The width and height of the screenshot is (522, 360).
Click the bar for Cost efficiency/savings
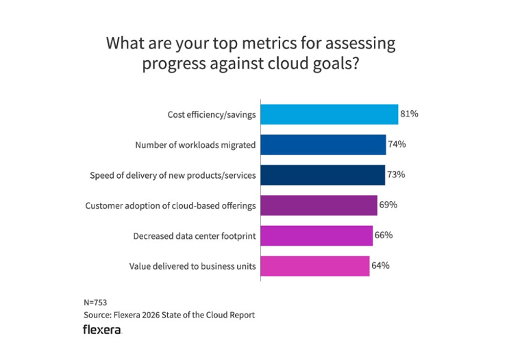click(x=329, y=114)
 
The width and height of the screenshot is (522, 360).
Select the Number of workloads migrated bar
click(x=323, y=144)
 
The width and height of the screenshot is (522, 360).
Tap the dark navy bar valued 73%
click(x=322, y=175)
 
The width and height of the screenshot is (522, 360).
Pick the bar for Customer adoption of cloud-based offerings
click(x=319, y=205)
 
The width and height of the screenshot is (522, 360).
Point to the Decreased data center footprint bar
click(x=316, y=235)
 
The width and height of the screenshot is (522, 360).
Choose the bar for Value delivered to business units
click(x=314, y=266)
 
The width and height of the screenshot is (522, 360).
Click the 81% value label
click(x=409, y=114)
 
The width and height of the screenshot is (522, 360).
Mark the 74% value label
click(x=397, y=144)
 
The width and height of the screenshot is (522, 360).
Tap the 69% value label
click(x=388, y=205)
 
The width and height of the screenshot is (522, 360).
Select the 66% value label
click(x=383, y=235)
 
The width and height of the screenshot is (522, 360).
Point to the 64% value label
click(x=380, y=266)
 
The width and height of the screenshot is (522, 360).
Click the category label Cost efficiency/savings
click(x=212, y=115)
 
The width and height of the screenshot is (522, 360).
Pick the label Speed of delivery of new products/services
click(x=173, y=175)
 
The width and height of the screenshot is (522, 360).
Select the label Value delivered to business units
click(x=192, y=266)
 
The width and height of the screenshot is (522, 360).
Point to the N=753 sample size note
click(x=95, y=302)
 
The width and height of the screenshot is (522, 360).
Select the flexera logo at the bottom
click(x=102, y=330)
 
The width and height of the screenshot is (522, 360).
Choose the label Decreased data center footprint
click(x=195, y=236)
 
